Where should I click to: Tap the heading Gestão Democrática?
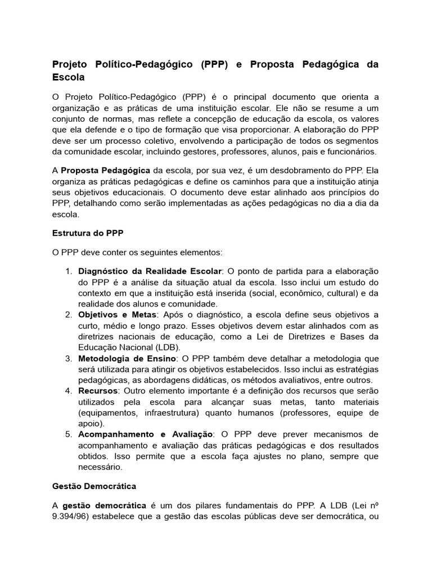tap(94, 485)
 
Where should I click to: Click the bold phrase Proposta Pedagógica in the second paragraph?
tap(105, 170)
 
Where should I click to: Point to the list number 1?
tap(68, 272)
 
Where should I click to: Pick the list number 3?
tap(68, 358)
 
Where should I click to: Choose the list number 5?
tap(68, 434)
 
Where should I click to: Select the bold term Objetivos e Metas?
tap(119, 315)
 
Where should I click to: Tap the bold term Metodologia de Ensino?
tap(128, 358)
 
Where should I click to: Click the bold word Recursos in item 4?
tap(98, 391)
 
